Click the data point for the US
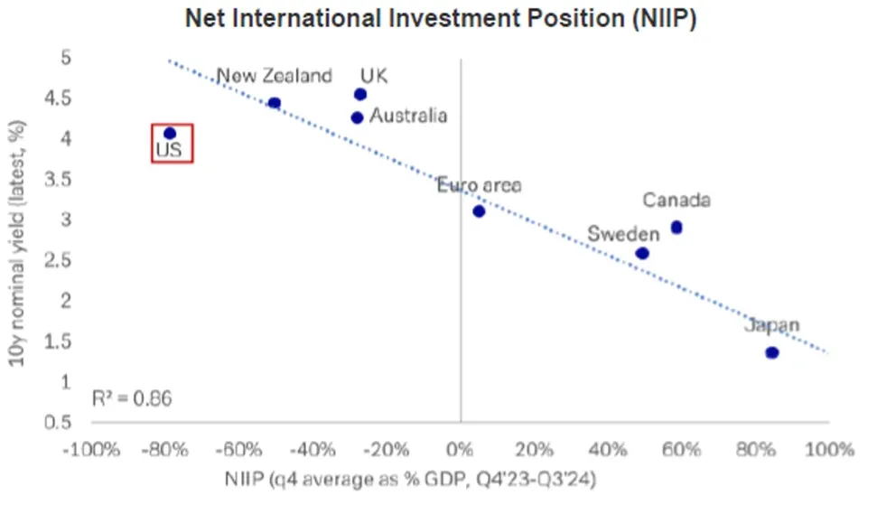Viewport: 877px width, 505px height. [170, 134]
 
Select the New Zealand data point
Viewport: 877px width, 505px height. [275, 103]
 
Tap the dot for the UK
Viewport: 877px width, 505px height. [360, 94]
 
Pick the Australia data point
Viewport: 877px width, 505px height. [357, 117]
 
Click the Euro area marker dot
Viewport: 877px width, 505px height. [479, 211]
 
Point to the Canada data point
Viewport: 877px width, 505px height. [676, 228]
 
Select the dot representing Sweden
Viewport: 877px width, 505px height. [642, 254]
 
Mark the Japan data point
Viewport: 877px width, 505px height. [772, 352]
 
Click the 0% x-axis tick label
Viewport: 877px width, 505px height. [461, 449]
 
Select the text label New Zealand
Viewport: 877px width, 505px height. [274, 77]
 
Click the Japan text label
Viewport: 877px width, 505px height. [772, 327]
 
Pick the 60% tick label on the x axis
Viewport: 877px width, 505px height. [682, 449]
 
